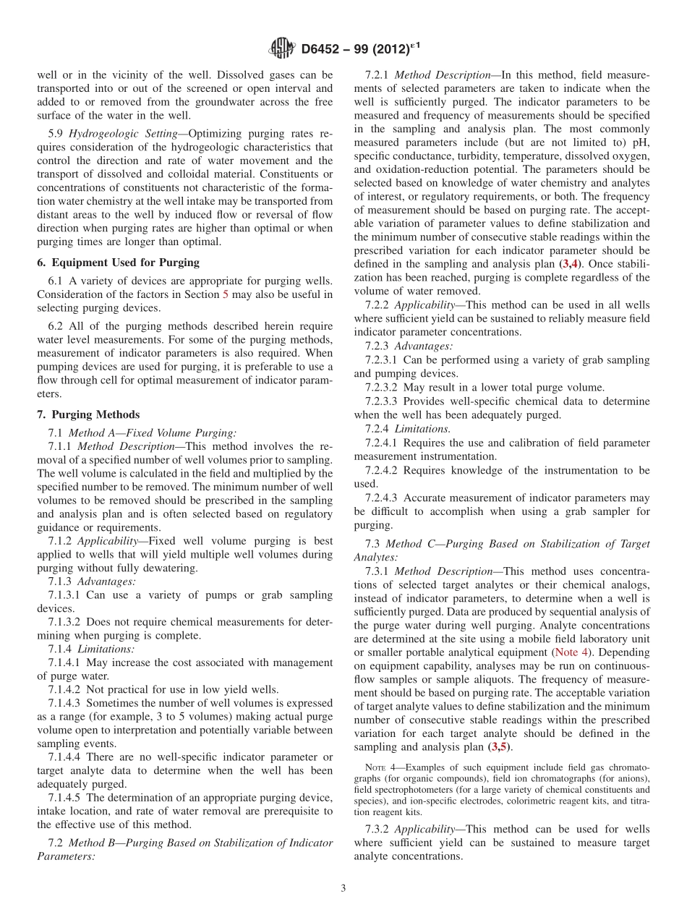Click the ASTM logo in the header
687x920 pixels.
[x=281, y=48]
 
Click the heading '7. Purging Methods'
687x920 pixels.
[x=88, y=414]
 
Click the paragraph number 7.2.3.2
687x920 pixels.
[x=382, y=387]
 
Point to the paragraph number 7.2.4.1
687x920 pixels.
[x=382, y=442]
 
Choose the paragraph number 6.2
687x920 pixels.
[x=56, y=325]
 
